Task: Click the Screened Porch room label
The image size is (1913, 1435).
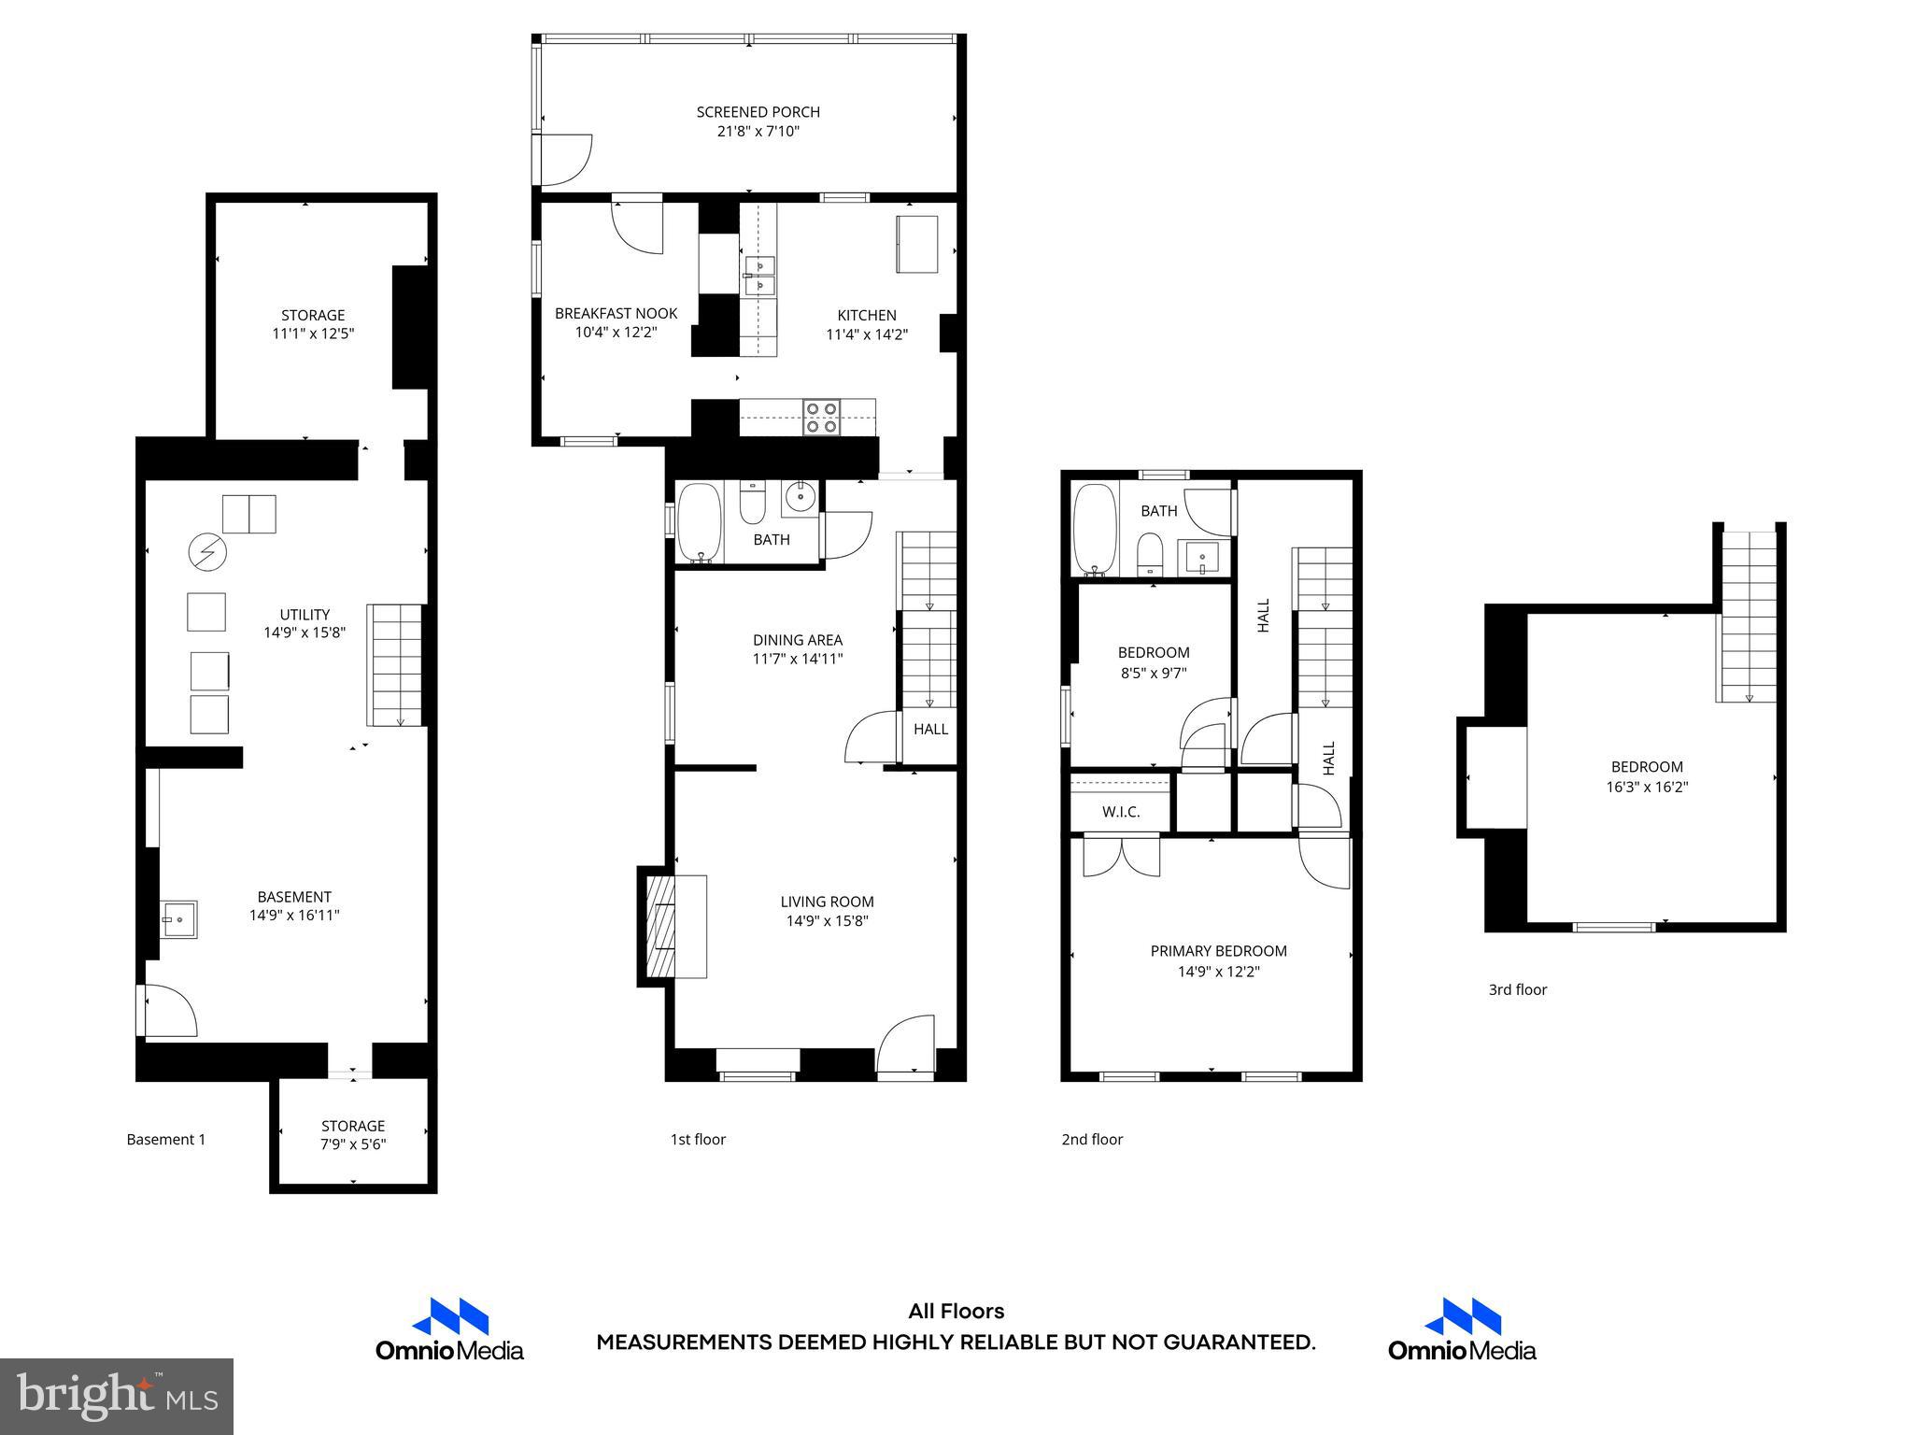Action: pyautogui.click(x=758, y=112)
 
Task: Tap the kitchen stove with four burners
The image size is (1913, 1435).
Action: pyautogui.click(x=822, y=417)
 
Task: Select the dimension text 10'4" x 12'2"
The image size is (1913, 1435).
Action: pyautogui.click(x=616, y=332)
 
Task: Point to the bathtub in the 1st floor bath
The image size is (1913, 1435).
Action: pyautogui.click(x=699, y=522)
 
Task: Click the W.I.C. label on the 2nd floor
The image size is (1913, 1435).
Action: pyautogui.click(x=1120, y=812)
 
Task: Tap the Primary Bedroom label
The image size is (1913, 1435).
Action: pyautogui.click(x=1218, y=951)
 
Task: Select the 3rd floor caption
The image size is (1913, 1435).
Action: pyautogui.click(x=1517, y=989)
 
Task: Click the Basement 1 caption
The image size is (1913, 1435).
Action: pyautogui.click(x=166, y=1139)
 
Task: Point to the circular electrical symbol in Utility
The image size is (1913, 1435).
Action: pyautogui.click(x=207, y=552)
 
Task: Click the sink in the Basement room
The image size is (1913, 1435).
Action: pyautogui.click(x=177, y=918)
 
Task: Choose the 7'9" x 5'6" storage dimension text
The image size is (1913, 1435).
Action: pyautogui.click(x=353, y=1144)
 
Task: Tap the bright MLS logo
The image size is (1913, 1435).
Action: pyautogui.click(x=117, y=1396)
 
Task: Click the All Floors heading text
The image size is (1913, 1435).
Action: pyautogui.click(x=956, y=1311)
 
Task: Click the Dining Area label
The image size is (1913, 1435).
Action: pyautogui.click(x=798, y=640)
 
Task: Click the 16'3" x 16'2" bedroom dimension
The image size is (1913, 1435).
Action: pyautogui.click(x=1647, y=787)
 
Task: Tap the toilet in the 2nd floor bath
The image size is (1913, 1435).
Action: pyautogui.click(x=1150, y=555)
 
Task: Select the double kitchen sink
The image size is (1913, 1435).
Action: pyautogui.click(x=758, y=275)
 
